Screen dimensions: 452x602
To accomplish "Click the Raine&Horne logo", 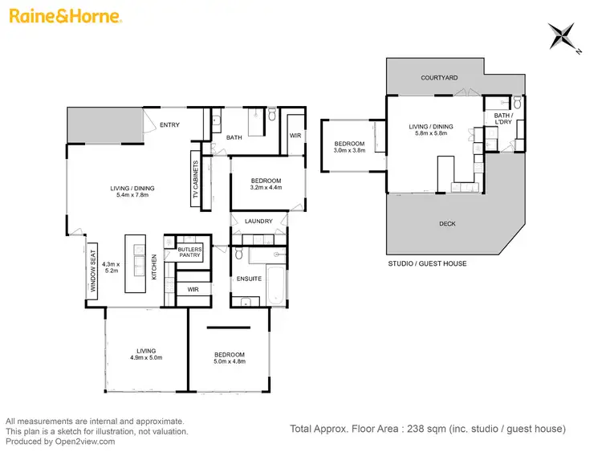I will click(x=65, y=16).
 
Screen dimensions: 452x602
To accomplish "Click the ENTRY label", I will click(x=169, y=124).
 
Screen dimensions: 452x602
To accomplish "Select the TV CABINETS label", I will click(x=196, y=180).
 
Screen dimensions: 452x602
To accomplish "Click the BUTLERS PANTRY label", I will click(x=190, y=252).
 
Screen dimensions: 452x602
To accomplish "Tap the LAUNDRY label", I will click(x=259, y=222).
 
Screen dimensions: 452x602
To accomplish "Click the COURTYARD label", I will click(x=439, y=78).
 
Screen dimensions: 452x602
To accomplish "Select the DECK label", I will click(x=447, y=224).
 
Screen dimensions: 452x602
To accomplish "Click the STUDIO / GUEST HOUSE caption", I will click(x=427, y=263).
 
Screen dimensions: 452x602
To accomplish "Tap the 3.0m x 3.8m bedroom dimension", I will click(x=349, y=150).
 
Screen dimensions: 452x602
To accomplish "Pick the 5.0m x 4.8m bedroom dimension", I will click(x=229, y=361).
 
